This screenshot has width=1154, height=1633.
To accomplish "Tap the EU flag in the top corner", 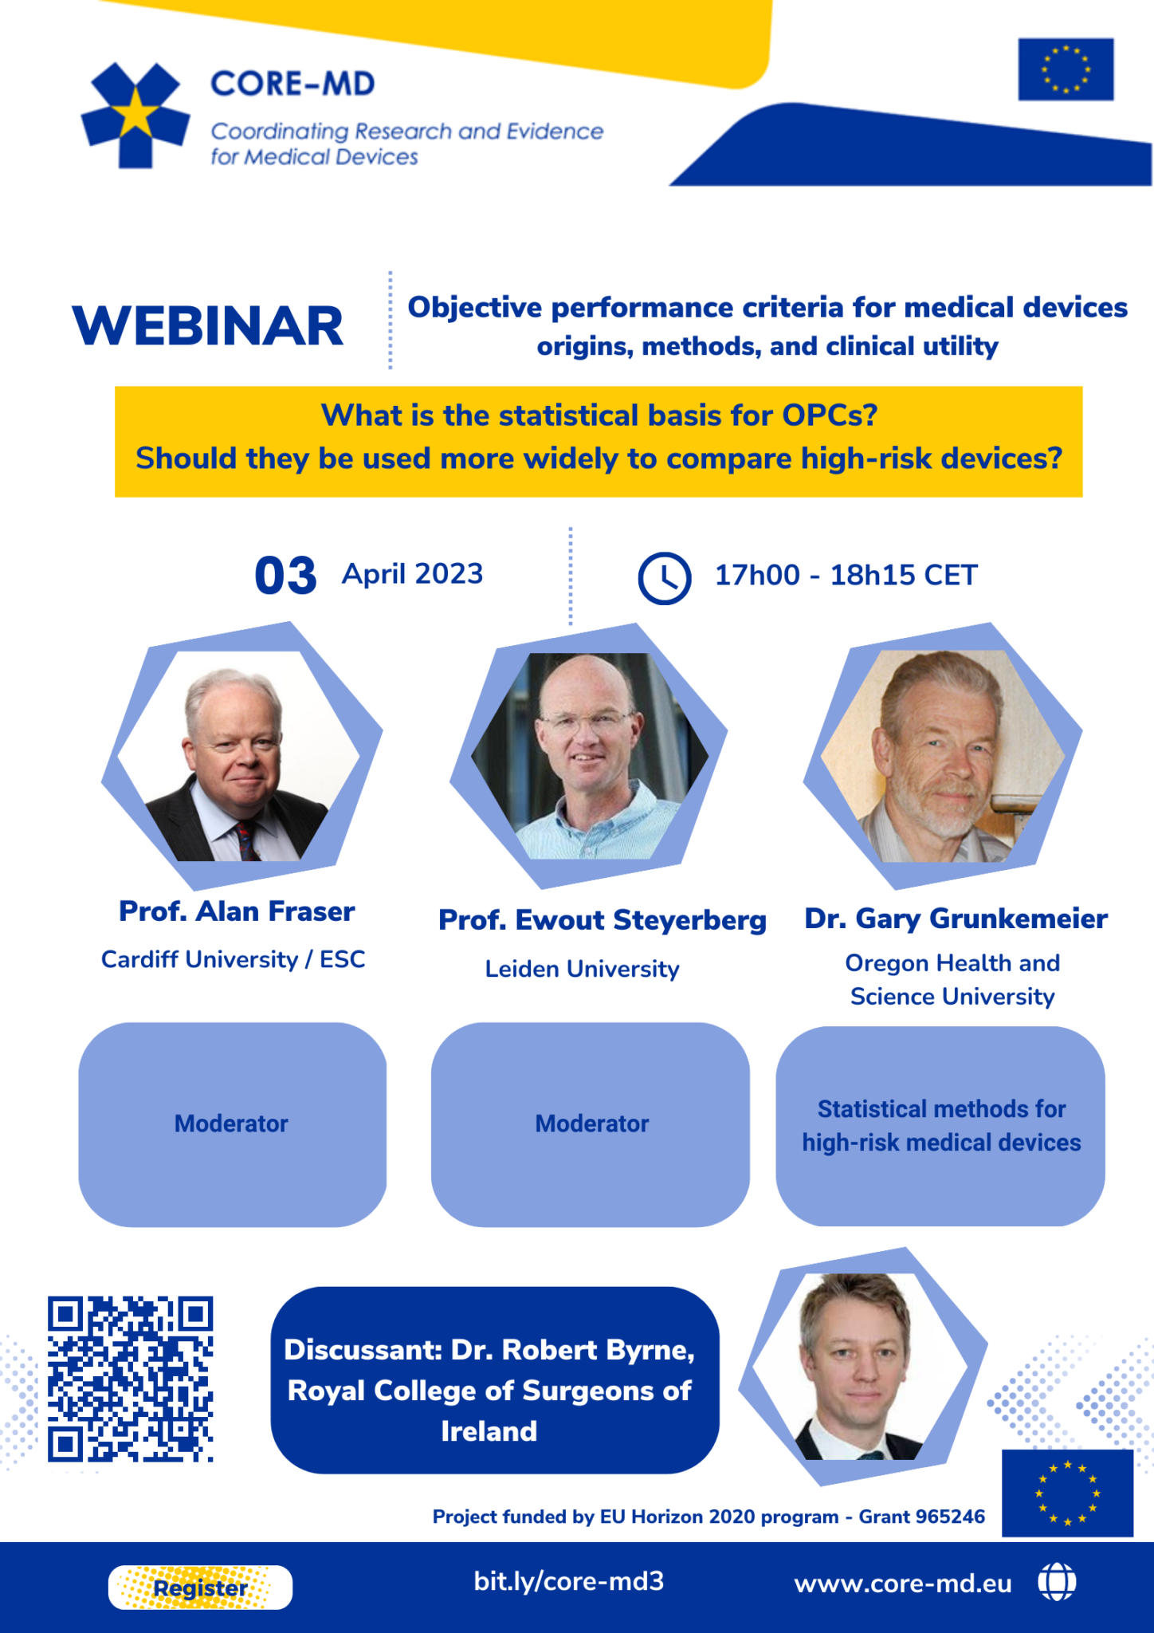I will [x=1066, y=69].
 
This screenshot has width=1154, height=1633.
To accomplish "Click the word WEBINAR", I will [x=208, y=326].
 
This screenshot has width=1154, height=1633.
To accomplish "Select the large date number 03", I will [x=285, y=576].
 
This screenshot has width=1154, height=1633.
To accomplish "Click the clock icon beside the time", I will [x=664, y=578].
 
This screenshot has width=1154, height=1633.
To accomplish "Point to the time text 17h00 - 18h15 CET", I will [x=846, y=575].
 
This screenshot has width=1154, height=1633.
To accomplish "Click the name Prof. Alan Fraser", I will [x=237, y=911].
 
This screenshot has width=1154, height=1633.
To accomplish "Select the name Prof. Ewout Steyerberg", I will [x=602, y=920].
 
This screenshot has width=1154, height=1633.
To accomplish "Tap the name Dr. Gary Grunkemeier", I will [x=956, y=919].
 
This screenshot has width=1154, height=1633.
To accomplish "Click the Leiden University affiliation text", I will [x=582, y=969].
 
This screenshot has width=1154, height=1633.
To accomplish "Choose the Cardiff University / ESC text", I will [x=233, y=959].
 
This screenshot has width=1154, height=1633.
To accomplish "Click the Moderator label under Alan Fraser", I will [x=231, y=1123].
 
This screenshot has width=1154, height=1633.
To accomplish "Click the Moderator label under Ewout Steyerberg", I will [x=591, y=1123].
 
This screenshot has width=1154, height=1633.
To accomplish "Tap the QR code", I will [x=131, y=1379].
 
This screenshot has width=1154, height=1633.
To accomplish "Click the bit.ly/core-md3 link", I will [x=568, y=1581].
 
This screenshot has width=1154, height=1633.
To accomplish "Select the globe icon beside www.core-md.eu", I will [x=1057, y=1582].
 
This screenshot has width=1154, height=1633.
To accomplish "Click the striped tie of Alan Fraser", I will [x=245, y=841].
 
